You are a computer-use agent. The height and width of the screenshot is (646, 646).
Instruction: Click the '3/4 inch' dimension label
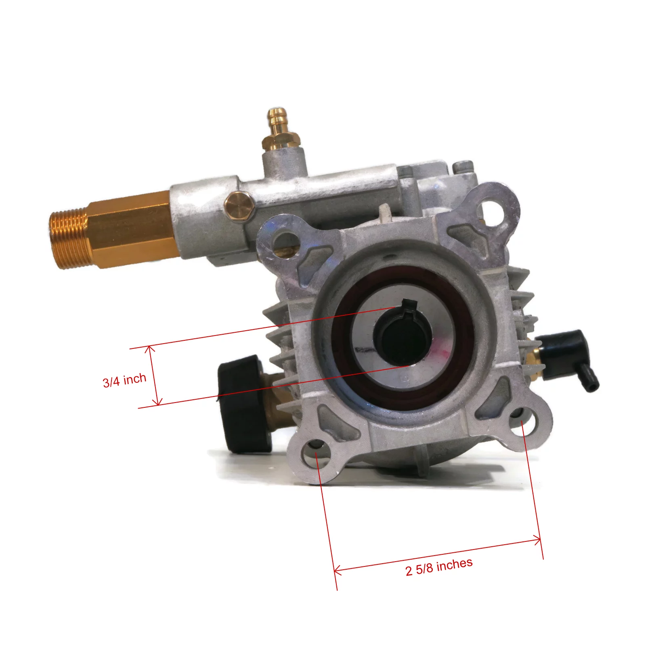click(124, 380)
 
